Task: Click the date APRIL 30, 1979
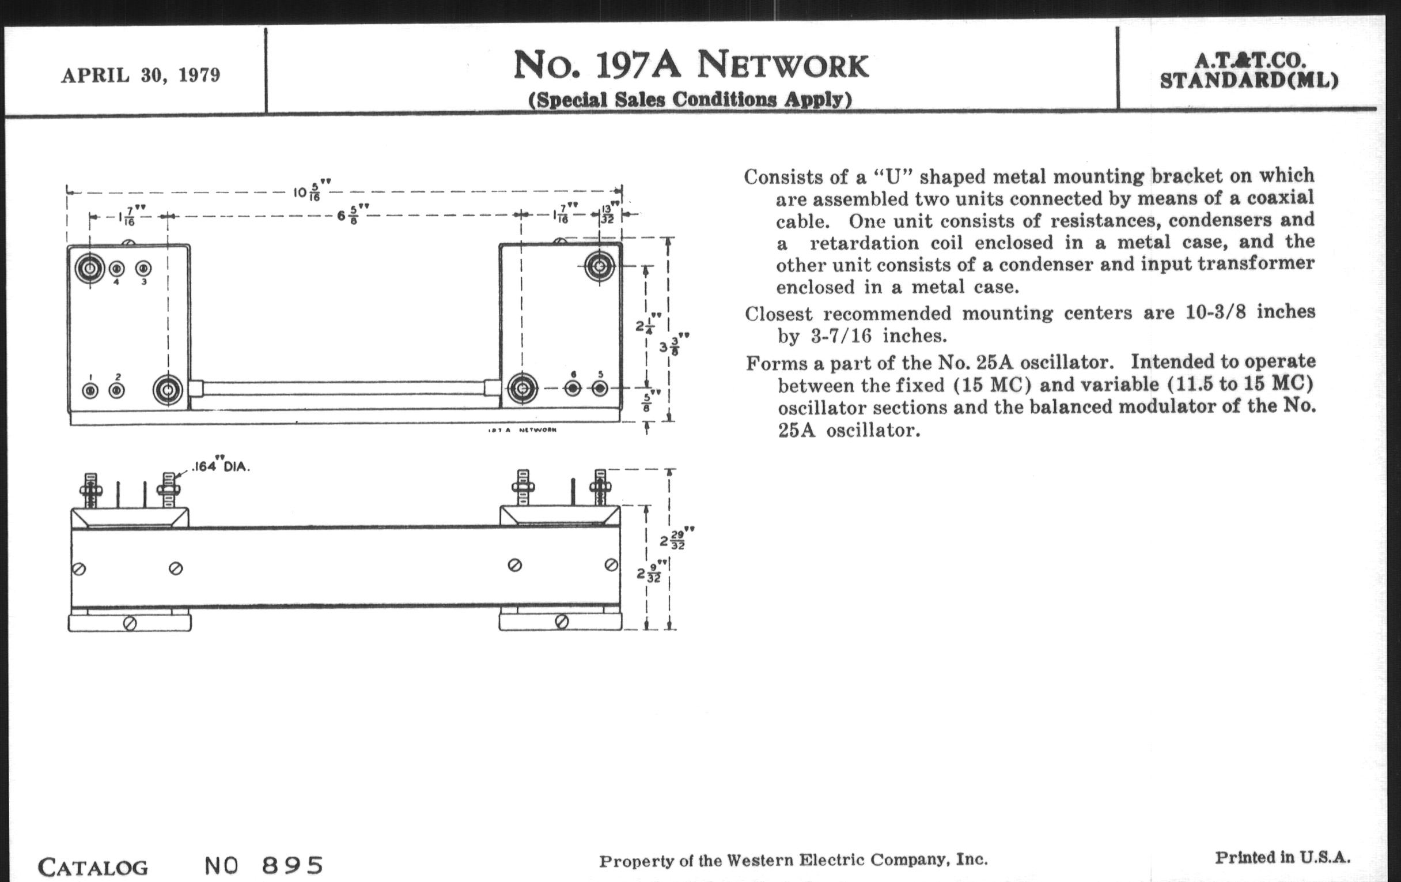(141, 76)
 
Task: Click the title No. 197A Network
(691, 65)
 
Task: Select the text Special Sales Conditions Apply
(690, 100)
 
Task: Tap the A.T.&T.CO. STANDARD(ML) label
(1248, 71)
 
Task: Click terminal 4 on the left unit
(116, 269)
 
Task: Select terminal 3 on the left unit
(143, 269)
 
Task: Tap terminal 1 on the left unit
(90, 390)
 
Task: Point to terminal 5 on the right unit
(600, 388)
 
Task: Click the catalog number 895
(292, 866)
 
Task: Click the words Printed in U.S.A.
(1282, 858)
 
